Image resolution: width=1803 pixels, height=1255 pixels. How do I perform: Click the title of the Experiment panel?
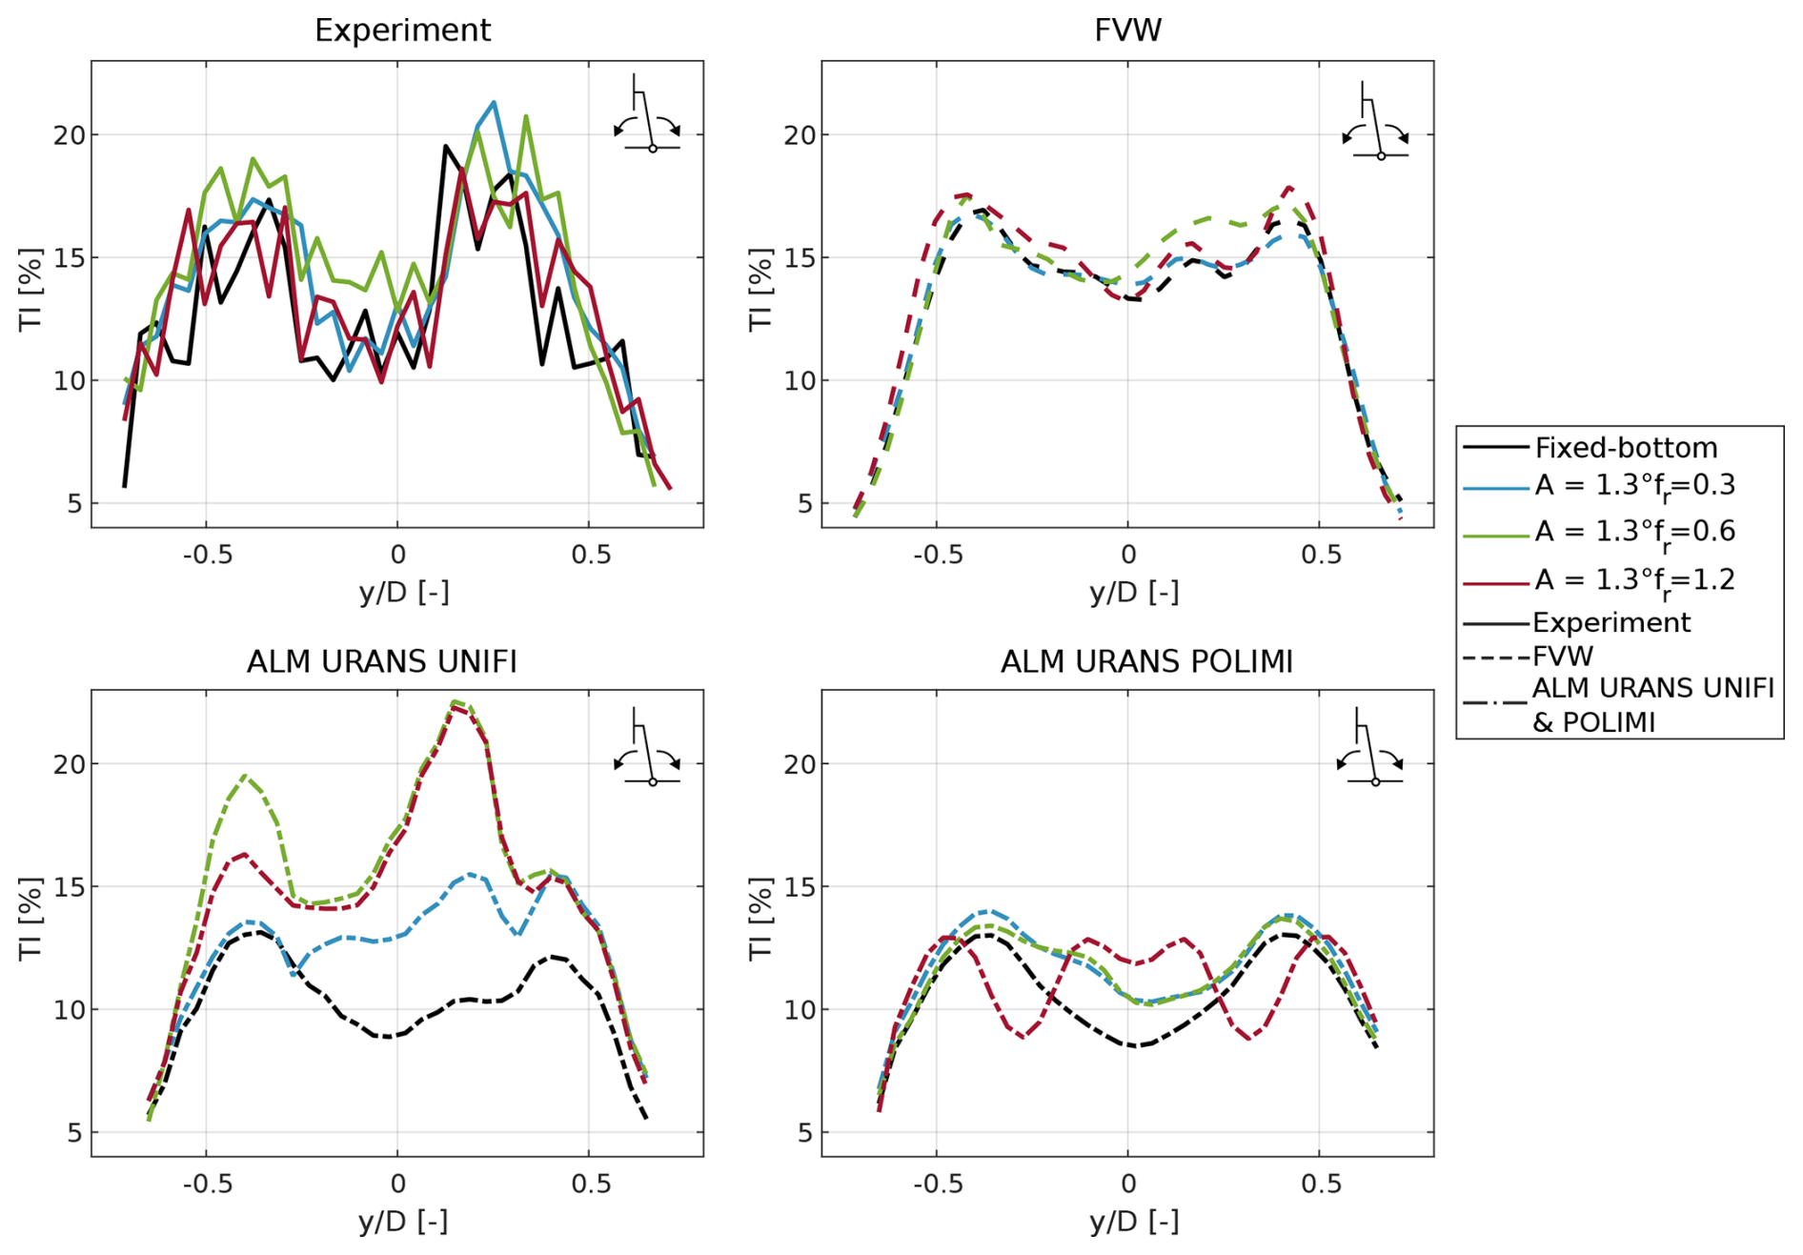pos(402,30)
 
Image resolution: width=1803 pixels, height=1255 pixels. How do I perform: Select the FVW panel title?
pos(1127,30)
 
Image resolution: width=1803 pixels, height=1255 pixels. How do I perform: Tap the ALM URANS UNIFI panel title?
pos(381,660)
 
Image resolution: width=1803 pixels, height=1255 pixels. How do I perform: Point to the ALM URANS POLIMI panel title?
pos(1146,660)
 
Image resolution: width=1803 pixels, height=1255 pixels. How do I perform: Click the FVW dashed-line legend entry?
pos(1562,657)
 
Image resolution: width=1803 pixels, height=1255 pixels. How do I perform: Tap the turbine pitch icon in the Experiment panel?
pos(648,116)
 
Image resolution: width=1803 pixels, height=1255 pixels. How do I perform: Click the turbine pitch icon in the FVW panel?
pos(1375,122)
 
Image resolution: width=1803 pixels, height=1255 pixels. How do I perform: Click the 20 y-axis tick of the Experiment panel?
pos(69,135)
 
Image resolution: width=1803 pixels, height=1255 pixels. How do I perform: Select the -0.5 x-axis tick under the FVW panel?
pos(938,555)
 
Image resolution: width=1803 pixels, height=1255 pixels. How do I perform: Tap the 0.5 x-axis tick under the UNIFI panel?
pos(590,1184)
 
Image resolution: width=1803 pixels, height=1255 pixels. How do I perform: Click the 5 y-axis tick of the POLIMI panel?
pos(806,1133)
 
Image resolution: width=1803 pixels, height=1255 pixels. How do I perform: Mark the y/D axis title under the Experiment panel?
pos(403,593)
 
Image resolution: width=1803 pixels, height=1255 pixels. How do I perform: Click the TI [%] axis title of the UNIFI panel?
pos(30,919)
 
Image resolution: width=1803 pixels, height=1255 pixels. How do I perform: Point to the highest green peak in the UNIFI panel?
pos(456,702)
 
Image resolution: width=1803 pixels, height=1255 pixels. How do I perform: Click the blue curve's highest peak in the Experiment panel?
pos(494,102)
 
